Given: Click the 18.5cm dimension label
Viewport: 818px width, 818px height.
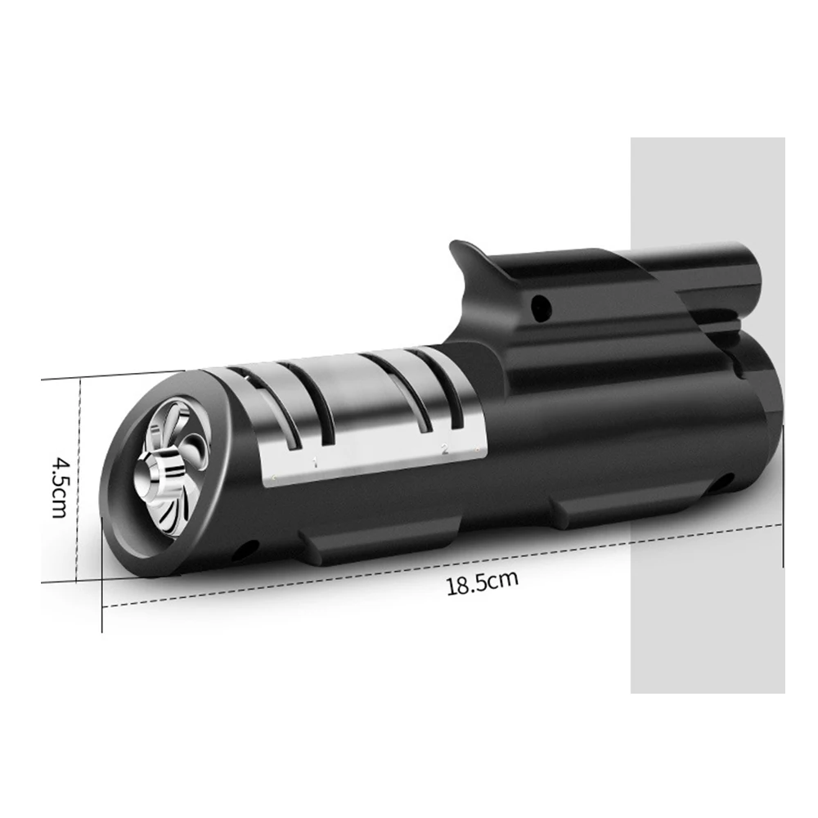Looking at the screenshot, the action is [483, 582].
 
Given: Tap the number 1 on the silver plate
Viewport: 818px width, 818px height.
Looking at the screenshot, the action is [315, 461].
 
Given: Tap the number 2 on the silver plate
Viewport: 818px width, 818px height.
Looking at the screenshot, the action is [444, 448].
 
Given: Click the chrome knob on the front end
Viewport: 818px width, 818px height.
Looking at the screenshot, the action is [160, 478].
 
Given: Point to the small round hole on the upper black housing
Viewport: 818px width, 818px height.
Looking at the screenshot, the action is [541, 307].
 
